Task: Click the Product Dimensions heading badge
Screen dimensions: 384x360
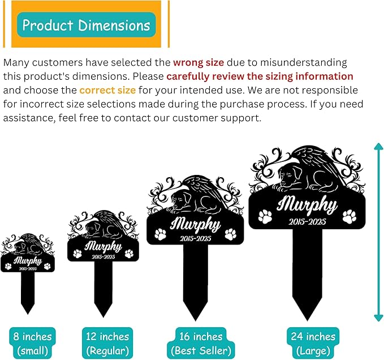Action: click(87, 25)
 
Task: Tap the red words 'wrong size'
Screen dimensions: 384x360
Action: click(199, 62)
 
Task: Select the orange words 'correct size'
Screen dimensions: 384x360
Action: click(107, 90)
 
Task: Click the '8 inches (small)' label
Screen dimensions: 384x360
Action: click(33, 344)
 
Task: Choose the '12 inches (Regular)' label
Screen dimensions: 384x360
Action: click(107, 344)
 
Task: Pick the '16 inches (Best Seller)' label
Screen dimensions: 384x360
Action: click(201, 344)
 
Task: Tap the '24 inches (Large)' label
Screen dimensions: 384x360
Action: click(313, 344)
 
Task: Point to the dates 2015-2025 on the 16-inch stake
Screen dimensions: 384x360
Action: click(196, 238)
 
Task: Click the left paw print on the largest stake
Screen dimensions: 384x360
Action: click(265, 216)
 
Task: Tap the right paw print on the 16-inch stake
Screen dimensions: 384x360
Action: click(231, 234)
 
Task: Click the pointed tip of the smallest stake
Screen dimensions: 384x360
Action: click(28, 314)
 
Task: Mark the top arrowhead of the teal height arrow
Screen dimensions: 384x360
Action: click(379, 146)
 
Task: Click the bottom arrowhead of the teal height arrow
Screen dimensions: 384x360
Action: click(379, 318)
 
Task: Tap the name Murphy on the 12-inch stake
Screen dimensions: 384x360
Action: click(103, 246)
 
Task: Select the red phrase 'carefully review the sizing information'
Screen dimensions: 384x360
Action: click(260, 76)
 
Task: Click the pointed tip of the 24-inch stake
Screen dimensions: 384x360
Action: click(307, 320)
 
